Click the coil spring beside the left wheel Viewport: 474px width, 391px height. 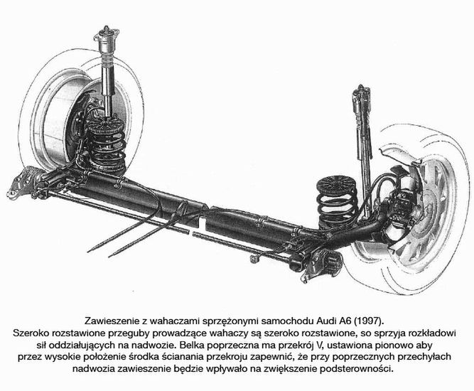tap(107, 145)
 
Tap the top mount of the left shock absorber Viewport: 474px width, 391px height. tap(107, 37)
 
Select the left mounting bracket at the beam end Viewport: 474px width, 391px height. tap(21, 182)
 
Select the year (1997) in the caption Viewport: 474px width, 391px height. tap(369, 321)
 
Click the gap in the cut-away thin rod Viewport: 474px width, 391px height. tap(190, 233)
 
